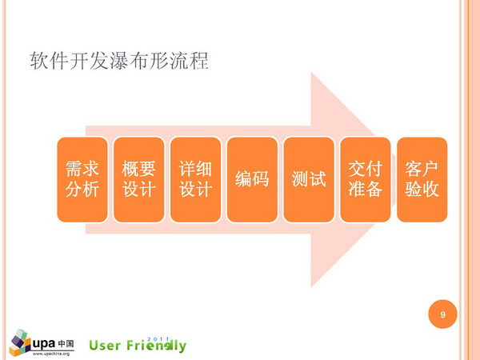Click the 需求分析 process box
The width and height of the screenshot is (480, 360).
tap(82, 179)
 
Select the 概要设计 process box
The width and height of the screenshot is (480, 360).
tap(139, 179)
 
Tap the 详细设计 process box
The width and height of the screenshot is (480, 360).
tap(196, 179)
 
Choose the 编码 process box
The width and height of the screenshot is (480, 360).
tap(252, 179)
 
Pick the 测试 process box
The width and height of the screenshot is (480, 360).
tap(309, 179)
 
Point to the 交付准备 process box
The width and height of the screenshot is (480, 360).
tap(366, 179)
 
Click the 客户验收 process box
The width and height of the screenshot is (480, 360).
tap(422, 179)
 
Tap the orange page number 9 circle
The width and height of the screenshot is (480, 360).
tap(442, 314)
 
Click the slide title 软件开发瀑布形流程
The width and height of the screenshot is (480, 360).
tap(119, 61)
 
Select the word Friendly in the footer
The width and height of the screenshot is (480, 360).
tap(156, 346)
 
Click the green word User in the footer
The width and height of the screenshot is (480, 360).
tap(104, 346)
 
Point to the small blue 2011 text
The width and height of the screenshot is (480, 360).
tap(158, 339)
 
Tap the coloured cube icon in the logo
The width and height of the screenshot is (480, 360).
tap(20, 342)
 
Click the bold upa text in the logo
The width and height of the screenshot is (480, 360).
tap(44, 344)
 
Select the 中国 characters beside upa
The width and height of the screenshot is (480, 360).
tap(66, 343)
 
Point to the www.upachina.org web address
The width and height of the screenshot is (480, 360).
tap(51, 354)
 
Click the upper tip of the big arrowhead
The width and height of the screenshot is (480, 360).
tap(311, 73)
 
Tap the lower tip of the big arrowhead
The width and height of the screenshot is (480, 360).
tap(311, 287)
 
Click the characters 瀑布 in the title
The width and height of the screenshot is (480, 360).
tap(130, 61)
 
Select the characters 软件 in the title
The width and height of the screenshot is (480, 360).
tap(50, 61)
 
